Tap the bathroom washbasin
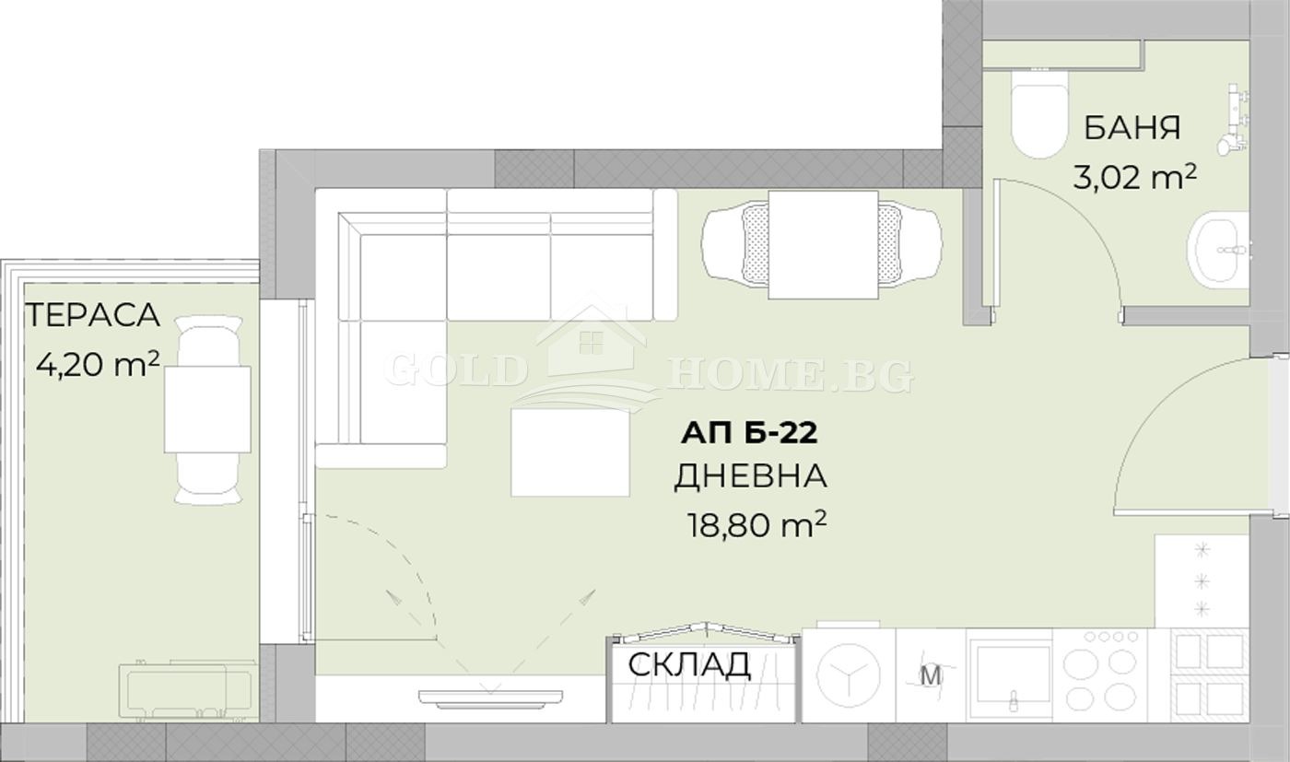click(1220, 246)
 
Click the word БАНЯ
click(1132, 127)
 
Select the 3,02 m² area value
click(1134, 175)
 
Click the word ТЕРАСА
click(92, 315)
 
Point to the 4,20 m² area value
click(98, 365)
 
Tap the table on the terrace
click(208, 408)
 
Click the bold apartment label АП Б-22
click(750, 431)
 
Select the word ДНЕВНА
click(750, 476)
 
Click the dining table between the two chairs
click(823, 244)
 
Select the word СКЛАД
click(688, 663)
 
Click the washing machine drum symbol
click(848, 674)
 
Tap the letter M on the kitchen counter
click(932, 675)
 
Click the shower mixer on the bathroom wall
click(1232, 120)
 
